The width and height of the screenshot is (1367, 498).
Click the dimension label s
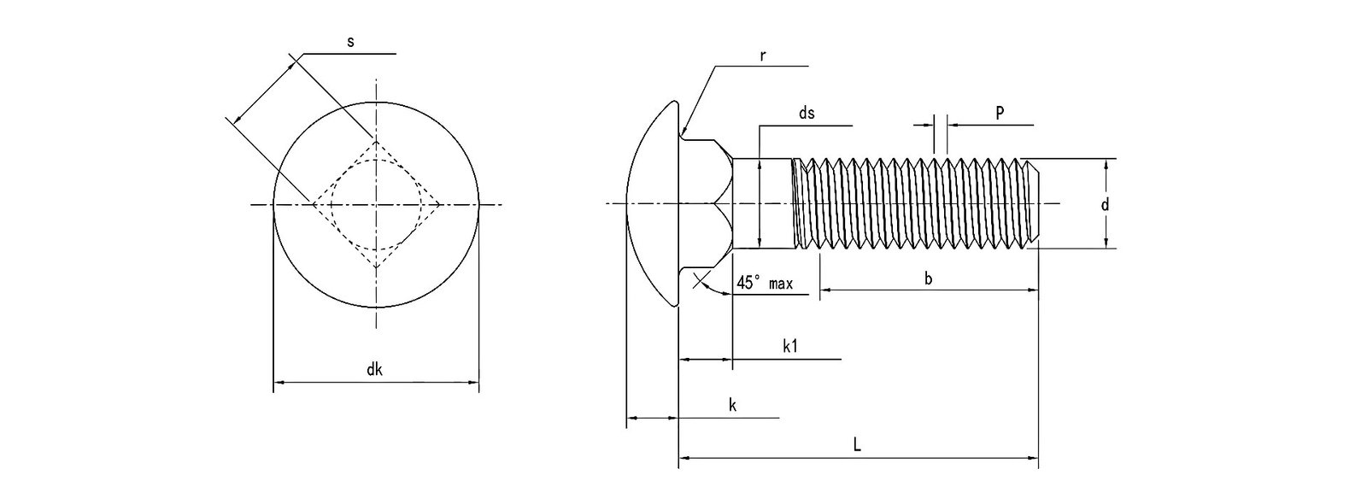[x=351, y=43]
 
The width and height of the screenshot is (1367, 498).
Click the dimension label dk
[x=374, y=370]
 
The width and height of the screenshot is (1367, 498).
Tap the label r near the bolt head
[x=762, y=56]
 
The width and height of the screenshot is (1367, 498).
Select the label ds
[x=806, y=114]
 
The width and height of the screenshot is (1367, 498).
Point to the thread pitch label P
[x=999, y=113]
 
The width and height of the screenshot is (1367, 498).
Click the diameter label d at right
[x=1105, y=204]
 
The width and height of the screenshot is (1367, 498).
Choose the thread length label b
[x=928, y=278]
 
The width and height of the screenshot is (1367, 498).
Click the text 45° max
[x=766, y=283]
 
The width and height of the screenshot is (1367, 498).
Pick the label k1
[x=790, y=346]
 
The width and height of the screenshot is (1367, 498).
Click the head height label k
[x=732, y=405]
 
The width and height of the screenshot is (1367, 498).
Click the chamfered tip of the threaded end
[x=1034, y=203]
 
